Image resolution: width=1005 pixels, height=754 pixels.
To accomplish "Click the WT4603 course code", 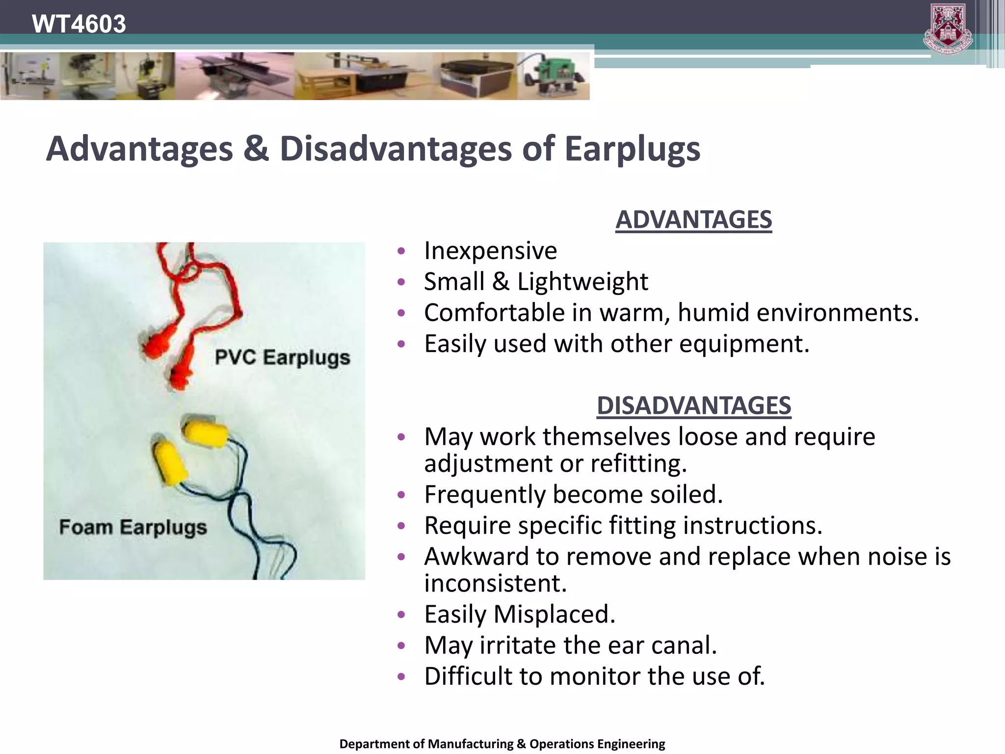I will pos(79,24).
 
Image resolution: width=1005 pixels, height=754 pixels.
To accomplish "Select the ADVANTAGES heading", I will pos(693,219).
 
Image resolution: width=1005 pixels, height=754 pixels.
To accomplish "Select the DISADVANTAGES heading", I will pos(693,405).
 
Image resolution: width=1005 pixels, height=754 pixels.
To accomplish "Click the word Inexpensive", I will pos(490,251).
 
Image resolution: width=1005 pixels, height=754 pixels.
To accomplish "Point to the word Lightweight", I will pos(582,282).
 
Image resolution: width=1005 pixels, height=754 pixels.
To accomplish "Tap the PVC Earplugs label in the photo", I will pos(282,357).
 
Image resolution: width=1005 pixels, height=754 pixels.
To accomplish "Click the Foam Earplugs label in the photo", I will pos(133,527).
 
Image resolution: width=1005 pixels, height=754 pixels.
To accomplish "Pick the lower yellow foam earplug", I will pos(169,462).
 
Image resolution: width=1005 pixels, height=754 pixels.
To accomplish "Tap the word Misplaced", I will pos(554,614).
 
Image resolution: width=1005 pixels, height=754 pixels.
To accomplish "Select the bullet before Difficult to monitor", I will pos(401,676).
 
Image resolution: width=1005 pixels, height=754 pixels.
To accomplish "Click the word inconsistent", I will pos(495,583).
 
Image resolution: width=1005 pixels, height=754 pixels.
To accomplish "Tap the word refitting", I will pos(638,463).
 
